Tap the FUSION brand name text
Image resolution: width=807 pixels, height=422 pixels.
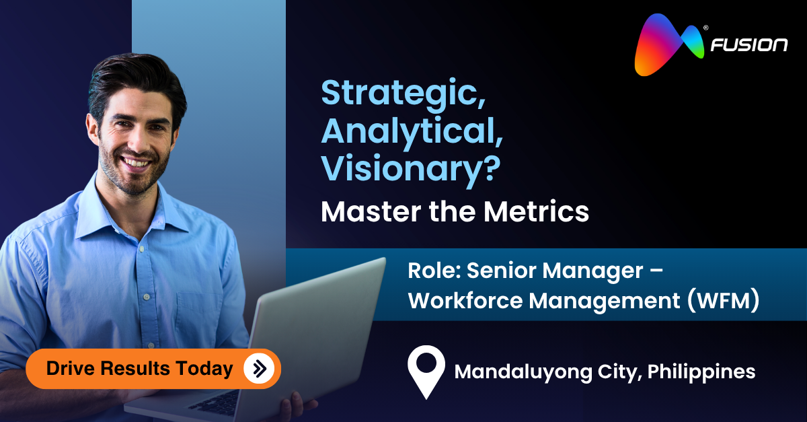(749, 46)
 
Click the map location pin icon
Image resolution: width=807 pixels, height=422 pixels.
(426, 370)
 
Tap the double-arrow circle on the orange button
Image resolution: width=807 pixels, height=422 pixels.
(259, 368)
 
